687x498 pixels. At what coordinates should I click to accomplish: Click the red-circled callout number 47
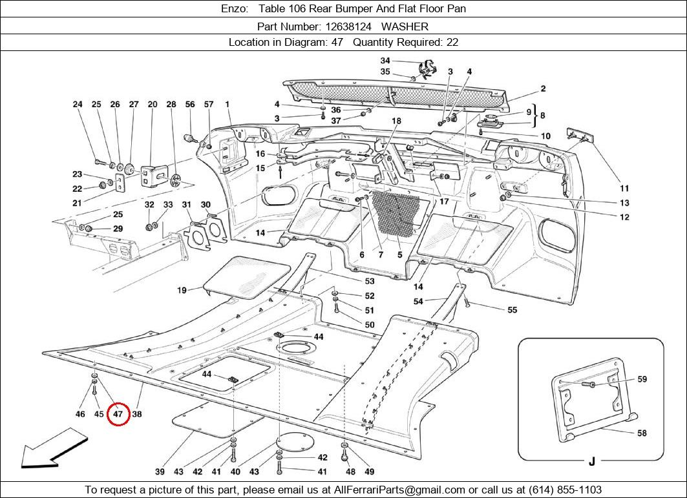(x=118, y=413)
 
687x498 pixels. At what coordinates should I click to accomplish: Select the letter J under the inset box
(x=591, y=461)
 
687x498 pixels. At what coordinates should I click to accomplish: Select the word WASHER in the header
(x=405, y=26)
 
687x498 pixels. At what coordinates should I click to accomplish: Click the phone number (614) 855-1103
(x=565, y=490)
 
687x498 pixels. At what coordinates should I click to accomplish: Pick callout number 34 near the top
(x=385, y=61)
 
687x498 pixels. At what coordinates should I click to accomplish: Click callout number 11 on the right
(x=624, y=189)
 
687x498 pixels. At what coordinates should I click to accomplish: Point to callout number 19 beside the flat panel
(x=182, y=291)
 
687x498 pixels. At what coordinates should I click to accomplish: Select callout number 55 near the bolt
(x=512, y=310)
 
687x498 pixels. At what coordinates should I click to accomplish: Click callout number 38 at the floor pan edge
(x=137, y=413)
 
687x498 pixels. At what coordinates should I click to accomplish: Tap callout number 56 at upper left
(x=190, y=104)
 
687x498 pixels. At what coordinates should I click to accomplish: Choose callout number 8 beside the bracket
(x=543, y=116)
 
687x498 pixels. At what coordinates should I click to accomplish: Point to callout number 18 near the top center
(x=396, y=121)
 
